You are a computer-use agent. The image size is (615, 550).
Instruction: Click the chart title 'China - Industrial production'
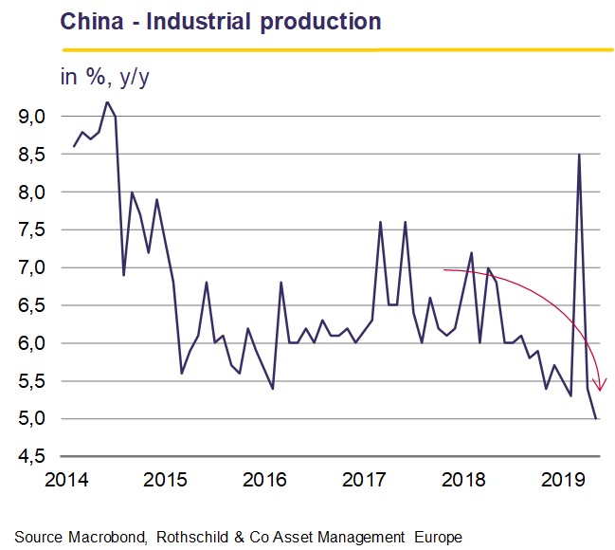[221, 22]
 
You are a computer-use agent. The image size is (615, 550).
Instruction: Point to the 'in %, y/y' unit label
[105, 78]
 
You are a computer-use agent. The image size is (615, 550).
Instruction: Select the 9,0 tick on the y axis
[32, 117]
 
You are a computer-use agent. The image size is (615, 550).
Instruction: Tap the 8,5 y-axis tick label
[32, 155]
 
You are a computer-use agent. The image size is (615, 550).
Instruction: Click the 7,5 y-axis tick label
[32, 230]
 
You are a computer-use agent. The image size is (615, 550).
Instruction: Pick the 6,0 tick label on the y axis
[32, 343]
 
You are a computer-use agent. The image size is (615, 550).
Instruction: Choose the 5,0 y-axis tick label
[32, 419]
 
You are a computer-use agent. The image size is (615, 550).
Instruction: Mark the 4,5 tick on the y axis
[32, 456]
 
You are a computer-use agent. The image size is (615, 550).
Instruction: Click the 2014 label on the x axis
[66, 480]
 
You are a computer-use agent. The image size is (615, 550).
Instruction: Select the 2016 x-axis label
[264, 480]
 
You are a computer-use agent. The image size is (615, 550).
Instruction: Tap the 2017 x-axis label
[364, 480]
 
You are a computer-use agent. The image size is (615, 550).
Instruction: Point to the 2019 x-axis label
[563, 480]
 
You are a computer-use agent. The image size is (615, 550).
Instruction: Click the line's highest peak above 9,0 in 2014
[107, 102]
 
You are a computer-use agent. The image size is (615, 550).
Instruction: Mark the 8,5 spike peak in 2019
[579, 155]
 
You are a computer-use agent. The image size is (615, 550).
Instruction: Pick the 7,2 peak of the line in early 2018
[472, 253]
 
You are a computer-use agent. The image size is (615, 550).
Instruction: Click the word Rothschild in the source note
[192, 537]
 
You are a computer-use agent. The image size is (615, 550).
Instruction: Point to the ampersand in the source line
[239, 537]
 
